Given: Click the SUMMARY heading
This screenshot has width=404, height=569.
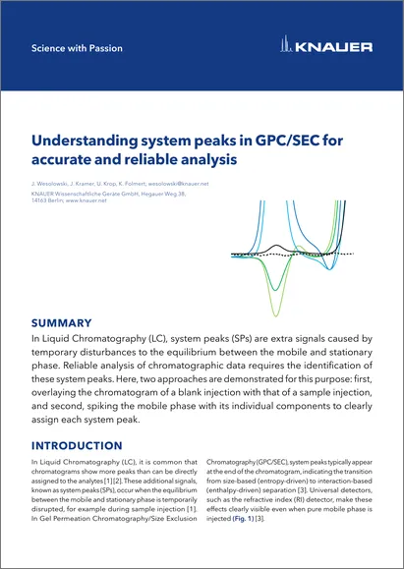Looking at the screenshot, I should tap(61, 321).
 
